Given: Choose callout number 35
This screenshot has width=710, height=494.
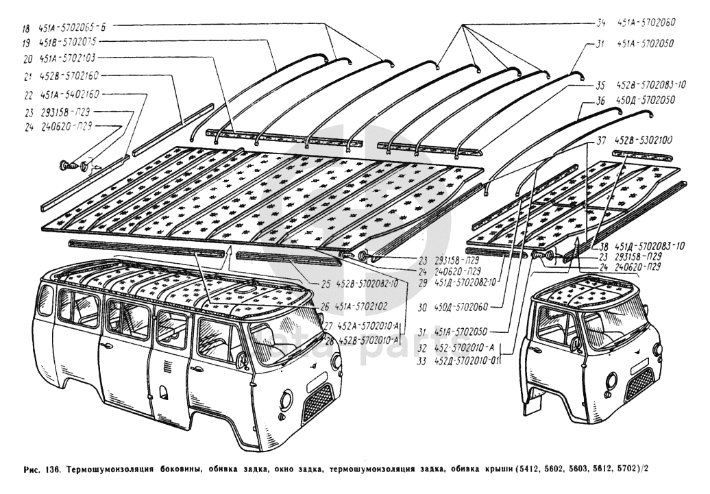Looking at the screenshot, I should tap(600, 86).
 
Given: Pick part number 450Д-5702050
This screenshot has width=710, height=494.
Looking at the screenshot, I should tap(646, 101).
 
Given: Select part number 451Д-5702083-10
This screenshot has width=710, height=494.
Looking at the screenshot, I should tap(648, 245).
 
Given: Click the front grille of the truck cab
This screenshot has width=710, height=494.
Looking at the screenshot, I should tap(639, 384).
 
